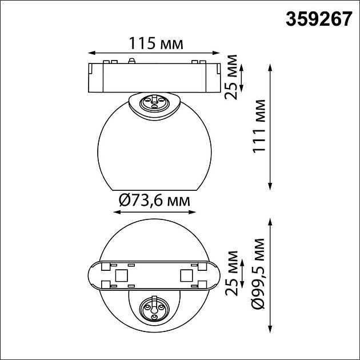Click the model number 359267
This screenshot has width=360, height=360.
click(319, 19)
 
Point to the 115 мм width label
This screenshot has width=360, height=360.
click(156, 43)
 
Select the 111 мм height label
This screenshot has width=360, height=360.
click(259, 126)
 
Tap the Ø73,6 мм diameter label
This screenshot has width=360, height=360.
click(154, 201)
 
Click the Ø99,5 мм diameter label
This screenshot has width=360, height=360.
click(258, 274)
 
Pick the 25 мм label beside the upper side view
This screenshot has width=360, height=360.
click(231, 77)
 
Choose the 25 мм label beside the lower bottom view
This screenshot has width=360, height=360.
click(231, 273)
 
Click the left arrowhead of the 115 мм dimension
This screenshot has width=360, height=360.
click(91, 53)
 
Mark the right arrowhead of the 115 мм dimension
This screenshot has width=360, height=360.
click(216, 53)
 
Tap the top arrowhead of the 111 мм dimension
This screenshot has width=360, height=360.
click(270, 67)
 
